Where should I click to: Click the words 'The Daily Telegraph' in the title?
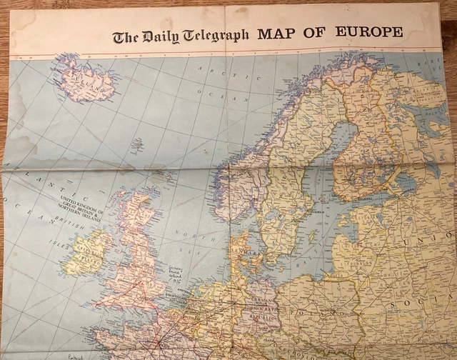point(180,36)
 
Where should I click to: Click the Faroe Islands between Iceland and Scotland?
point(135,146)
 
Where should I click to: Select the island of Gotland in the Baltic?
point(311,233)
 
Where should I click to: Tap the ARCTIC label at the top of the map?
point(214,69)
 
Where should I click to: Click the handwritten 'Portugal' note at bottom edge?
point(67,355)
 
